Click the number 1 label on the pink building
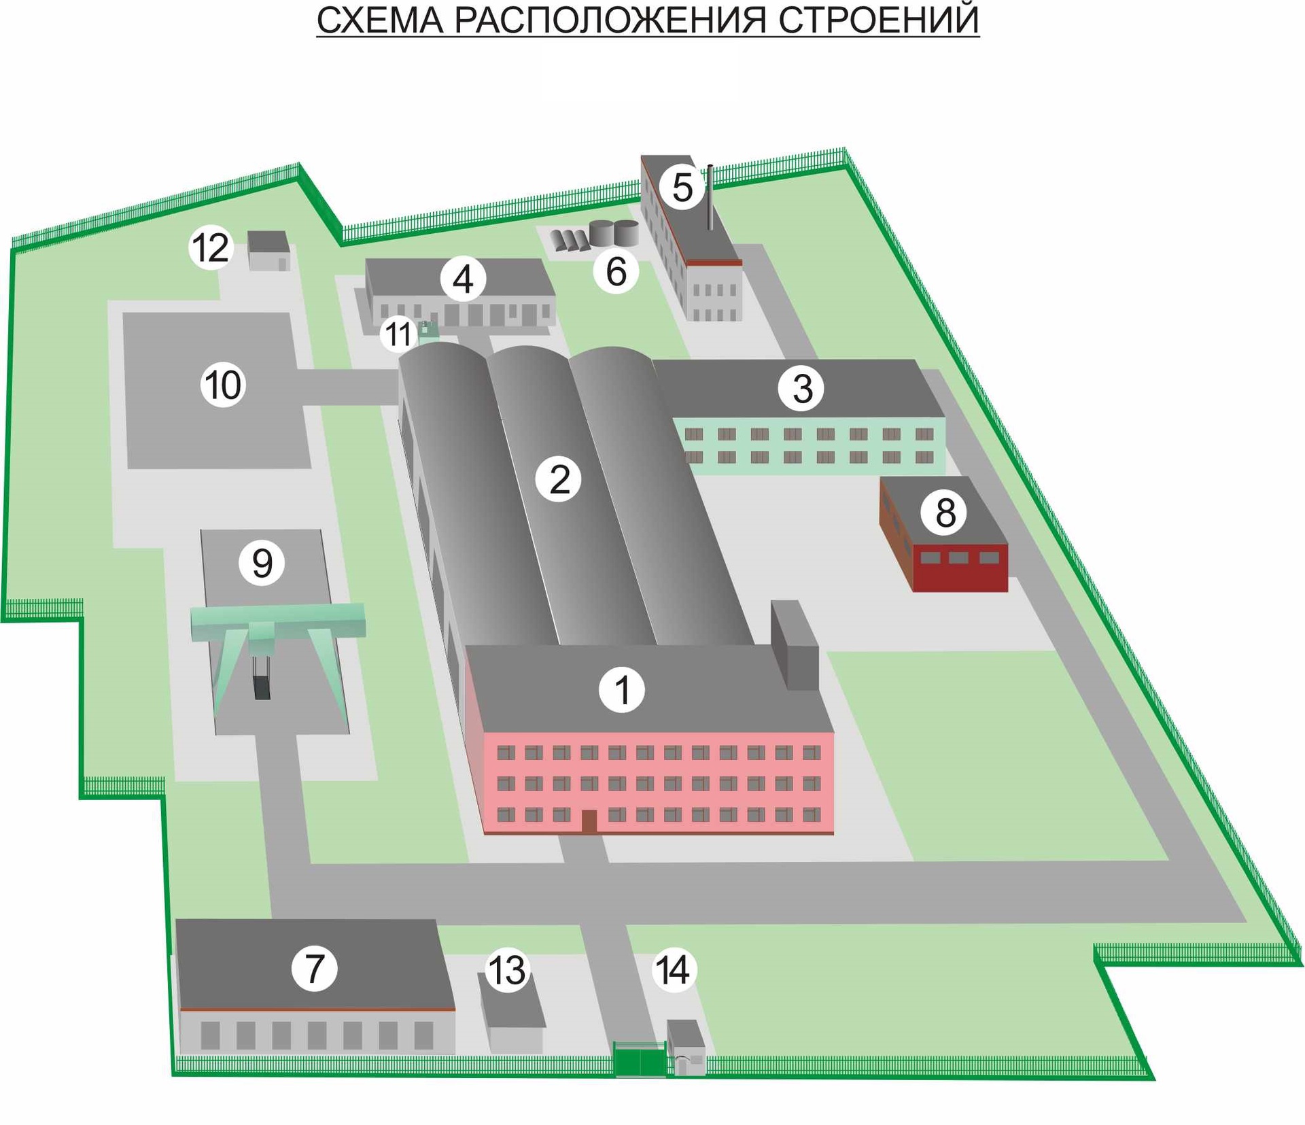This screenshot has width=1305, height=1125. click(x=621, y=689)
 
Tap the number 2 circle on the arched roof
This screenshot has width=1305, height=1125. click(x=558, y=479)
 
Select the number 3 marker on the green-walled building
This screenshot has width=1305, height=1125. click(x=801, y=388)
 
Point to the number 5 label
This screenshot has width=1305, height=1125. click(x=682, y=187)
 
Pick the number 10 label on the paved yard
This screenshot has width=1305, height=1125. click(x=222, y=385)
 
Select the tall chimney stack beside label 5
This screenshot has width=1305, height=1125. click(x=710, y=197)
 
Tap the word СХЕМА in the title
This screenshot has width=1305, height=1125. click(x=379, y=20)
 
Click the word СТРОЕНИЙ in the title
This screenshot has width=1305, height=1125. click(x=878, y=20)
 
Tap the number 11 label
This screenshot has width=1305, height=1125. click(x=398, y=334)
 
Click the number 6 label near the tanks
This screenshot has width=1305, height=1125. click(x=615, y=271)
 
